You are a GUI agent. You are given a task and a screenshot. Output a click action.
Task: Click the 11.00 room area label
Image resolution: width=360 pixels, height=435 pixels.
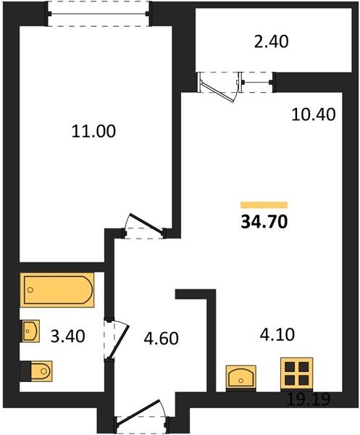pos(93,131)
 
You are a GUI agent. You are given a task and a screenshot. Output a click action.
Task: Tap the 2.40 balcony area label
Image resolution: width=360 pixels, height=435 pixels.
pos(272,42)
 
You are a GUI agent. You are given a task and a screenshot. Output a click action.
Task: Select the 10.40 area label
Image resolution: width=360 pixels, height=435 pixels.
pos(314,115)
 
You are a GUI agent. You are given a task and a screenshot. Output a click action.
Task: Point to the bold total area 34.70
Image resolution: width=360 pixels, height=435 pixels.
pos(264,222)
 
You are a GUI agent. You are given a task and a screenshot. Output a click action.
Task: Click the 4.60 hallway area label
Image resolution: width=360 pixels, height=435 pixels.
pos(162,339)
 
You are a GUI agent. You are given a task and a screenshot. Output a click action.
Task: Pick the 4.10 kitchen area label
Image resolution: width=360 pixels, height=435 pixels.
pos(277,334)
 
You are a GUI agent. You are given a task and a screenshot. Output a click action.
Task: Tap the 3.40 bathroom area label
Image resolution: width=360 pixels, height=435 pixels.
pos(68,336)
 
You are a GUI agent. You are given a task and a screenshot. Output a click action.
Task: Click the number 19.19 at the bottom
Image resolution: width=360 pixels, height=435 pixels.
pos(308,399)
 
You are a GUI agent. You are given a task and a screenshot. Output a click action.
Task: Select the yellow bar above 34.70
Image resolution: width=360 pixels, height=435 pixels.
pos(264,205)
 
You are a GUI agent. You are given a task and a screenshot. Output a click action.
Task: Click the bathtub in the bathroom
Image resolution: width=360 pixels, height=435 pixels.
pos(57,290)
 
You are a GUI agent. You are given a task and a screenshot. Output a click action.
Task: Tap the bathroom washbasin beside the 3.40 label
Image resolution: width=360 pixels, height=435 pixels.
pos(30,331)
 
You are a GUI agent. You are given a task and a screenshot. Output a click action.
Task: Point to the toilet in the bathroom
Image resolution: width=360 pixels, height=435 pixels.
pos(36,371)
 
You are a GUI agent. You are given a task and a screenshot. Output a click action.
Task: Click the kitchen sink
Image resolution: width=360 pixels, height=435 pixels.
pos(240,378)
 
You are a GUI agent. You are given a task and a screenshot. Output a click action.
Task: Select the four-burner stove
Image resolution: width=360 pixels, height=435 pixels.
pos(297,373)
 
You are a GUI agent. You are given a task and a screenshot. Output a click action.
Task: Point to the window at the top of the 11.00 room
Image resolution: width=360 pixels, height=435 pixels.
pos(98,13)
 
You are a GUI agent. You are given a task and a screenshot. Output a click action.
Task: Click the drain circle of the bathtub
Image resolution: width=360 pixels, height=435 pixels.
pos(30,290)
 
